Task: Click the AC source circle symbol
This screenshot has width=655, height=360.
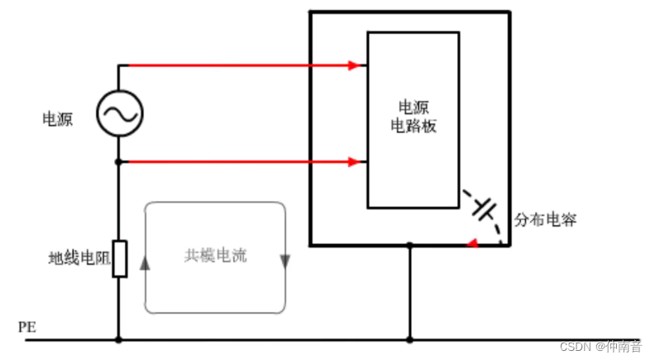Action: (x=119, y=113)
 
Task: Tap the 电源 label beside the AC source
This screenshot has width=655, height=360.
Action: (x=58, y=119)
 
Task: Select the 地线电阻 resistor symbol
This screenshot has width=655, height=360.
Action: (x=119, y=259)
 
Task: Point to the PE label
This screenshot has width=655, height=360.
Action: (x=26, y=327)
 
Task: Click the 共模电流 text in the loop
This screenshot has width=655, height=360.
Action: (x=215, y=257)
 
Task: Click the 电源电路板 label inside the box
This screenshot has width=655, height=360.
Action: (x=413, y=117)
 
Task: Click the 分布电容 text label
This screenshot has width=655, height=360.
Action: (x=546, y=220)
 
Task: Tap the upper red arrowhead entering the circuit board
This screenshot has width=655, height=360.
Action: (x=356, y=65)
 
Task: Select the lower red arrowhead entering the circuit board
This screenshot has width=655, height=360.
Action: (x=356, y=162)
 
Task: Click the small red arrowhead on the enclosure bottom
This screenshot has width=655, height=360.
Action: (x=471, y=243)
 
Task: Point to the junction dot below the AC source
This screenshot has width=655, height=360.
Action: (x=119, y=162)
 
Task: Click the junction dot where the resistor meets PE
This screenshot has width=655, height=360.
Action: (x=119, y=339)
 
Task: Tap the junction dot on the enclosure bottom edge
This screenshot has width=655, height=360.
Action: (x=409, y=245)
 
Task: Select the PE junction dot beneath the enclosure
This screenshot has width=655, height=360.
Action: (x=409, y=339)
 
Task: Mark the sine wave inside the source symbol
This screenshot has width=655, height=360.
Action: (x=119, y=113)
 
